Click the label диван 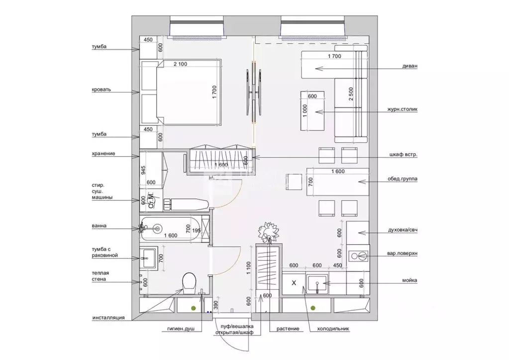coord(409,66)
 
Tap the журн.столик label coord(402,109)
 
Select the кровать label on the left coord(102,90)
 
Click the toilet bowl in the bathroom coord(189,282)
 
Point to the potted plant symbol coord(269,231)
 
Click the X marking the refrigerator coord(294,283)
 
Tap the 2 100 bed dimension coord(180,64)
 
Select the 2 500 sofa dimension coord(351,94)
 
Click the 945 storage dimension coord(143,170)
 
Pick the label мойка coord(409,280)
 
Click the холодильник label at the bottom coord(333,329)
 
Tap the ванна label coord(99,226)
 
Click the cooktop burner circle coord(354,256)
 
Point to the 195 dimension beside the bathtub coord(197,231)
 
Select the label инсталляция coord(108,318)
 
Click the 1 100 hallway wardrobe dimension coord(249,268)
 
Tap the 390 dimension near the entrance coord(216,305)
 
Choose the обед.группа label coord(403,179)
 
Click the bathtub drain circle coord(157,229)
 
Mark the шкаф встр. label coord(404,155)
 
